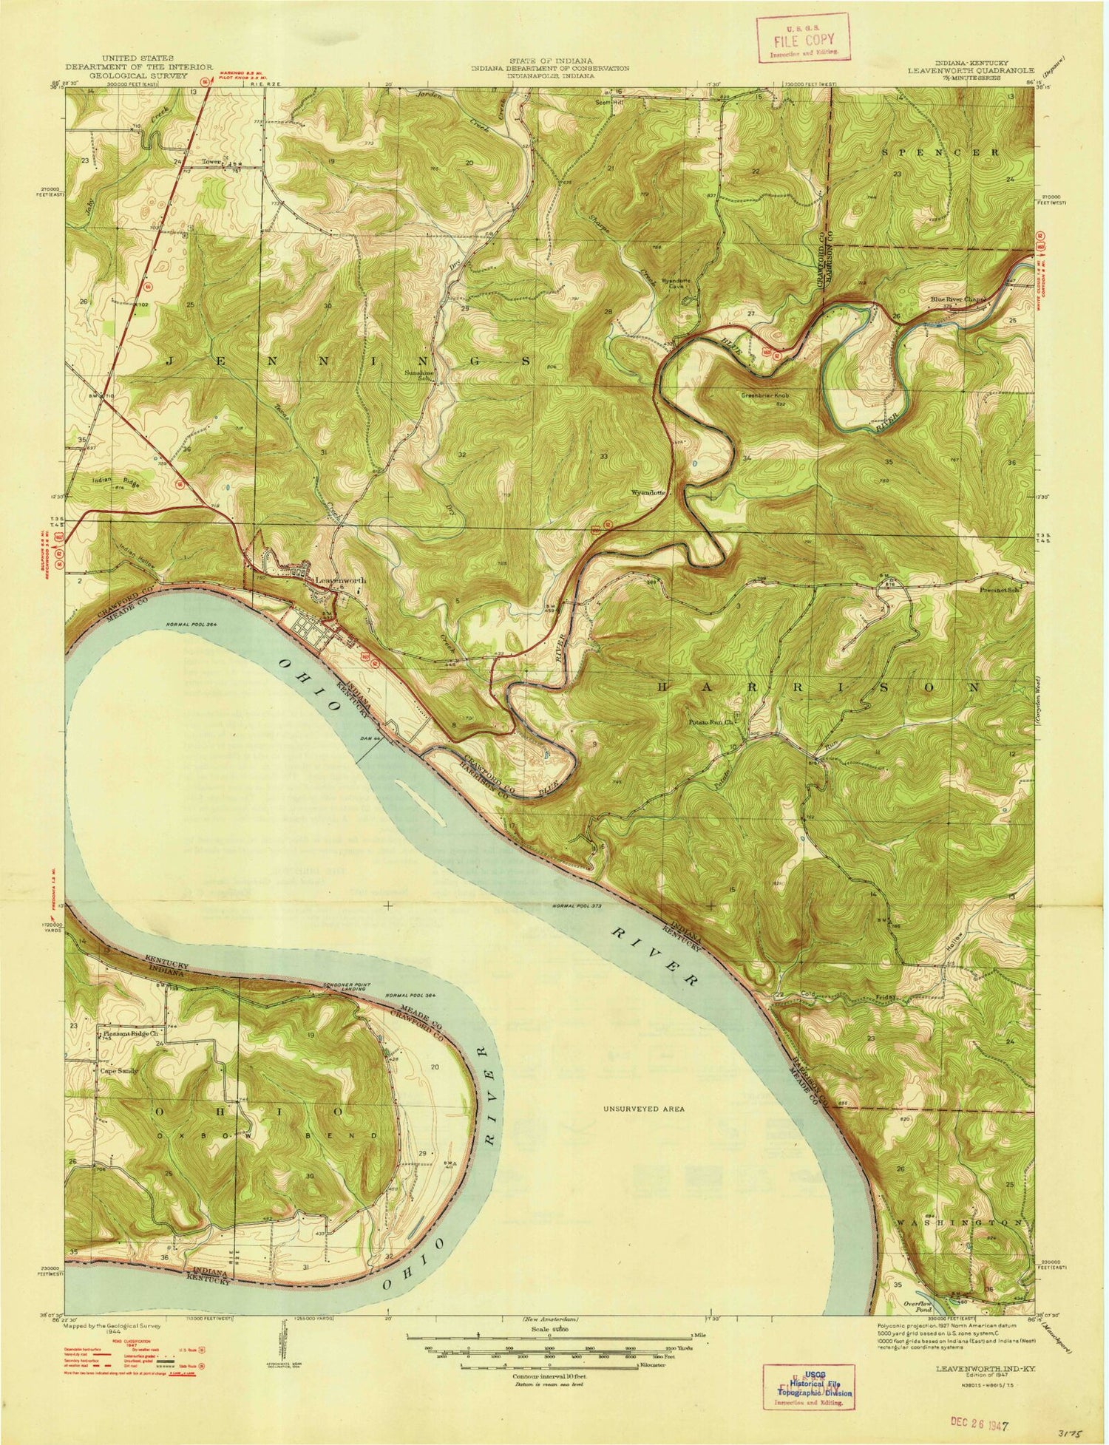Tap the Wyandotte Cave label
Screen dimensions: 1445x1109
point(675,284)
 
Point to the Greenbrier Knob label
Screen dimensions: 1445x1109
point(766,395)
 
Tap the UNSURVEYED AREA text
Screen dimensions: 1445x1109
point(643,1109)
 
